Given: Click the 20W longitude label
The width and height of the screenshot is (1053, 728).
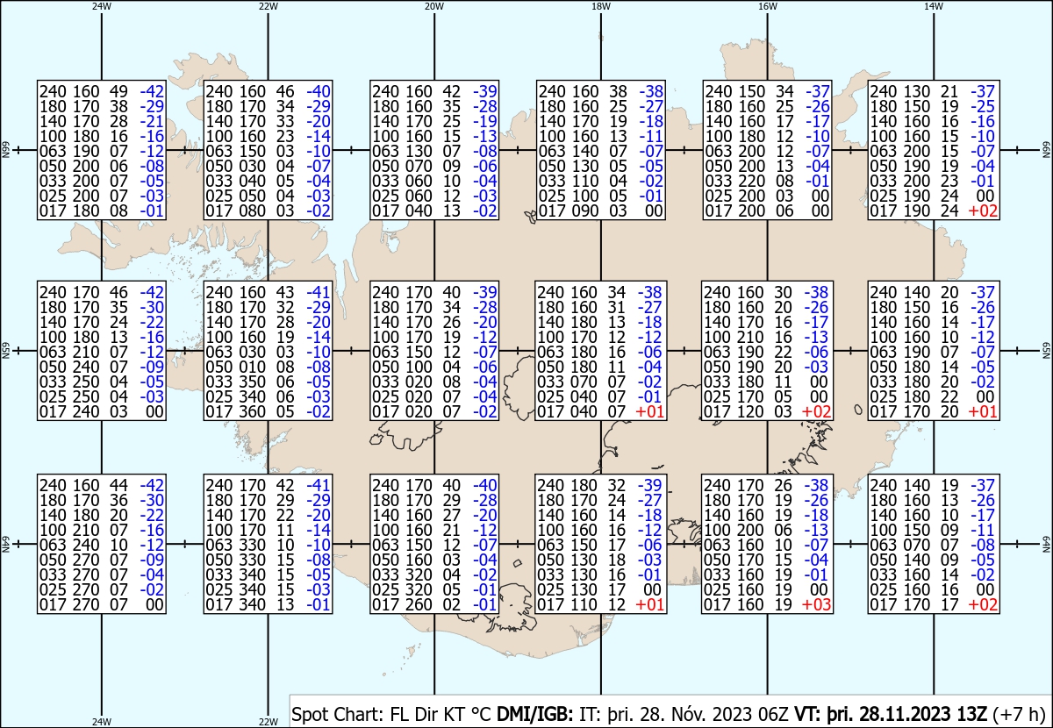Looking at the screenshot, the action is tap(434, 6).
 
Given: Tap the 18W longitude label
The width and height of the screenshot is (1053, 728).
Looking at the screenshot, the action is tap(601, 6).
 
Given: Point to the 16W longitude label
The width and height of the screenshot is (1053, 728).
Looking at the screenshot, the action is tap(767, 6).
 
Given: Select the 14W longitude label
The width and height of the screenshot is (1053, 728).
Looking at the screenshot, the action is tap(934, 6).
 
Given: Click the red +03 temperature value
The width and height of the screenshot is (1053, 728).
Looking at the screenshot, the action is tap(816, 604).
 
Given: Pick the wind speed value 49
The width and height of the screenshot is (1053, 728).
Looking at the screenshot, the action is tap(118, 91).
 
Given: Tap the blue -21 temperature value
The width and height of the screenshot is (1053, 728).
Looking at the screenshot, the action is tap(152, 121).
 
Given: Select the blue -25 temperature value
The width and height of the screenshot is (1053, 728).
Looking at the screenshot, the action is tap(983, 106).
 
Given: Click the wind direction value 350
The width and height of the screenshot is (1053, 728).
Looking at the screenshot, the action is tap(253, 382).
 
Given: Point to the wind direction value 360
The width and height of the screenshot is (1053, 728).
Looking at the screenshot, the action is tap(253, 411).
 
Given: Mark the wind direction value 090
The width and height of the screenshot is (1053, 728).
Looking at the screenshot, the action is tap(585, 211).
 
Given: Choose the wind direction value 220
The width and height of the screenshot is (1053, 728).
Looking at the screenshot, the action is tap(752, 181).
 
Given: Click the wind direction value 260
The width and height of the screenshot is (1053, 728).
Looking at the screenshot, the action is tap(419, 604).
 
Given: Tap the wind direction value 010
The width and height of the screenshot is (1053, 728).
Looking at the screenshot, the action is tap(253, 367).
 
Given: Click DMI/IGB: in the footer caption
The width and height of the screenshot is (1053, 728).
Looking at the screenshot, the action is tap(535, 714).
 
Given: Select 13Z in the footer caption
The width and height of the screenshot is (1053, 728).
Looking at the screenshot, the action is tap(971, 714).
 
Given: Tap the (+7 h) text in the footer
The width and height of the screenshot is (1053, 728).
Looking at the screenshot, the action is tap(1019, 714).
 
